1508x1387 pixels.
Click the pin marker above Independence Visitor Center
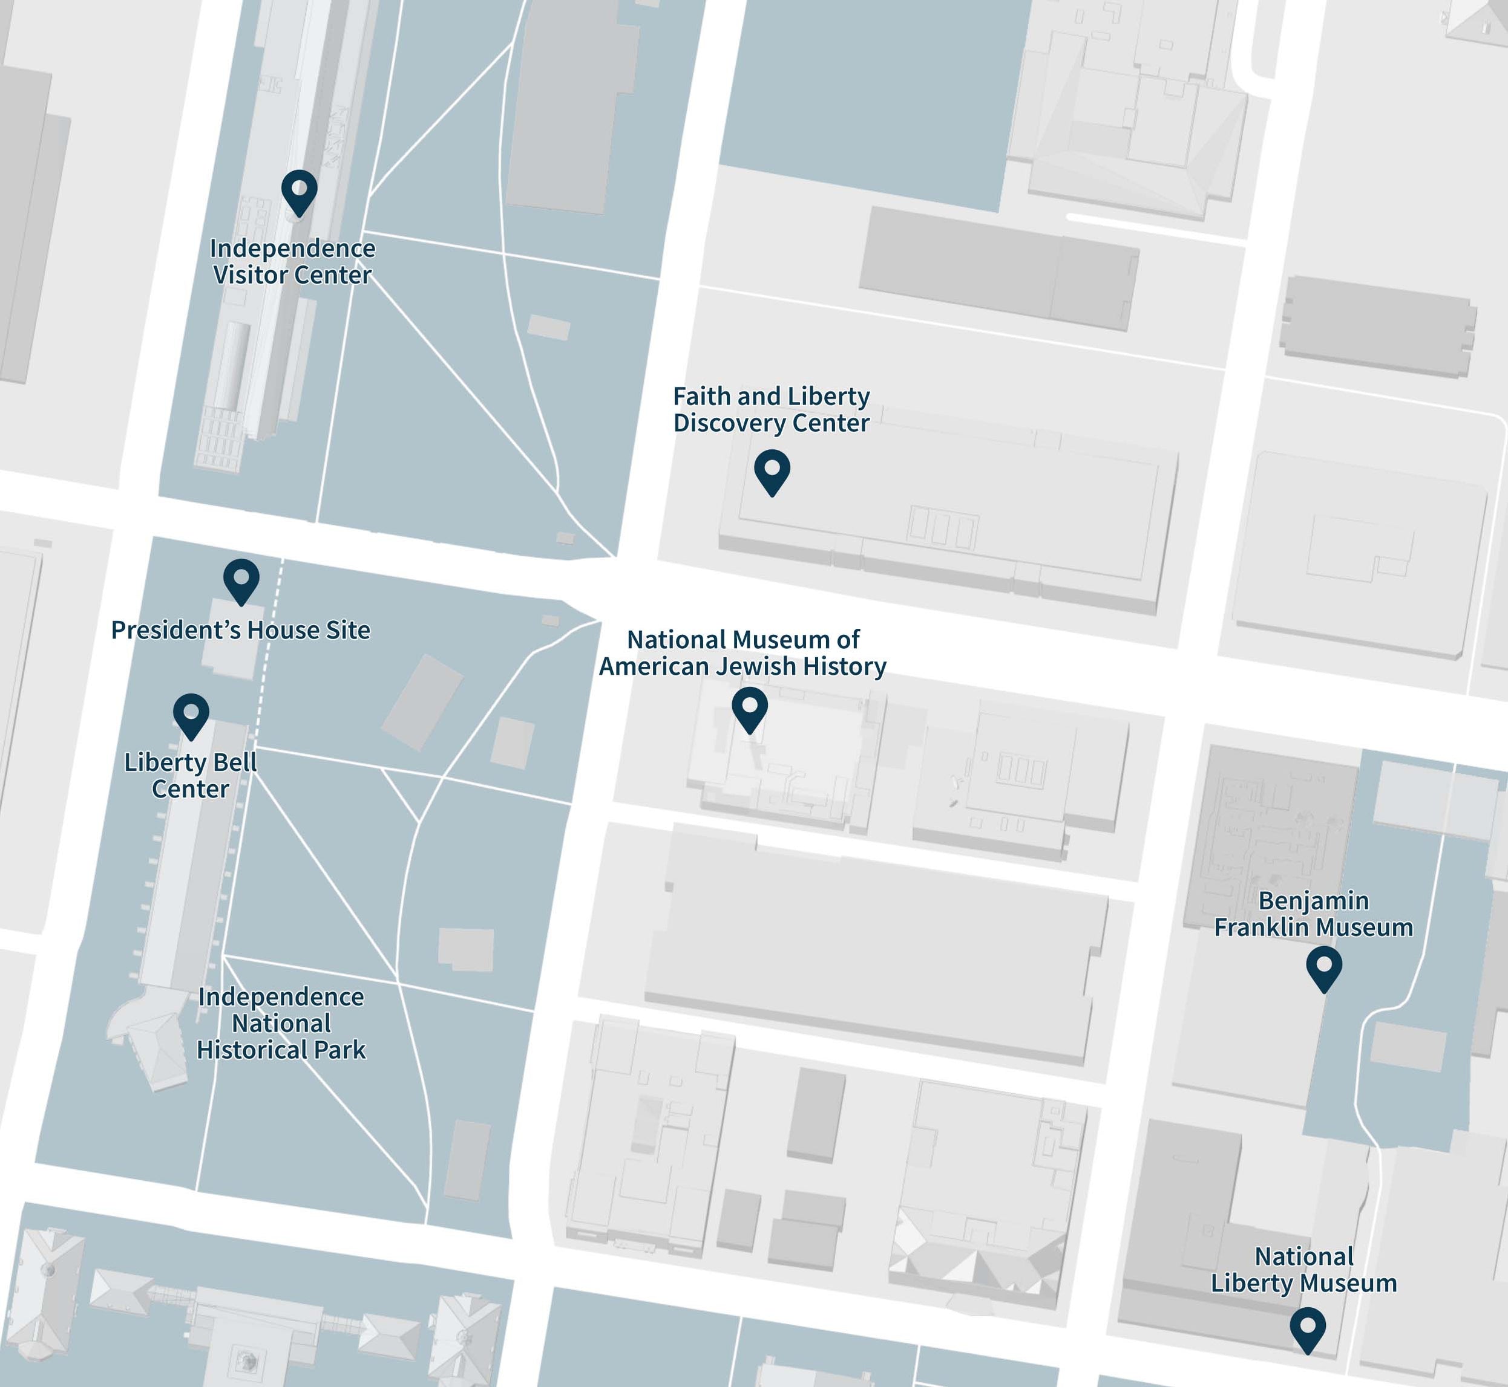pyautogui.click(x=299, y=189)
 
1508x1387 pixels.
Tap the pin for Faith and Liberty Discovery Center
pyautogui.click(x=772, y=469)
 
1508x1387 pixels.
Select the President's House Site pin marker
pyautogui.click(x=241, y=579)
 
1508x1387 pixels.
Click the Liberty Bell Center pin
pyautogui.click(x=191, y=712)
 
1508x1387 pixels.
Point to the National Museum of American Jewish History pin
pyautogui.click(x=750, y=706)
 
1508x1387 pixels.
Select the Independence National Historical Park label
pyautogui.click(x=281, y=1023)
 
